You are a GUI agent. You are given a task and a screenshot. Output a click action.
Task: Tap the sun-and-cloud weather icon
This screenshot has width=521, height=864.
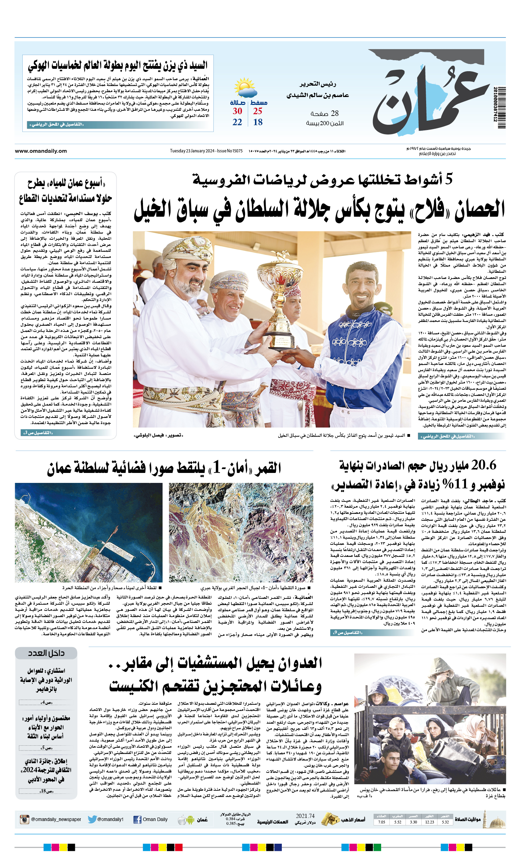(x=245, y=88)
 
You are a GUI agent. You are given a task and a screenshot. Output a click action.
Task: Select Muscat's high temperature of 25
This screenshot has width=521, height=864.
(x=257, y=111)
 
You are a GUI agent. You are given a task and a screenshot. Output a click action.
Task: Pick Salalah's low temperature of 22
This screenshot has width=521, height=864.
(x=237, y=122)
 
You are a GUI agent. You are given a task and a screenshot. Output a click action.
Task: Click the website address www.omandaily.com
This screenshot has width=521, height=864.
(x=41, y=151)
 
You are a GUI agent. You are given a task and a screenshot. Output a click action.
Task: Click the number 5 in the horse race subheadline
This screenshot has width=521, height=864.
(x=448, y=179)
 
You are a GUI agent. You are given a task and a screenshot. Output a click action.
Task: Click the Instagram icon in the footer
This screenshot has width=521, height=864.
(x=24, y=820)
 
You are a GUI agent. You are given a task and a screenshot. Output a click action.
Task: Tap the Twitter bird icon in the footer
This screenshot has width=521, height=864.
(x=92, y=820)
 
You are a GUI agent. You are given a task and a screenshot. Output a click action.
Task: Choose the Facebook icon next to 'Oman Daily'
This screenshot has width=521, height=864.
(x=137, y=820)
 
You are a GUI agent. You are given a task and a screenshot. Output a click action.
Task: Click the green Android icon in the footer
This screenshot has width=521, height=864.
(x=190, y=820)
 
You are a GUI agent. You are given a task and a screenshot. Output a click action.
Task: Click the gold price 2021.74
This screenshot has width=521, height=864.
(x=305, y=816)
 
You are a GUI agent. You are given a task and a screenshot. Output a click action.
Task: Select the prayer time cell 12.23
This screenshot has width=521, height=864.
(x=429, y=822)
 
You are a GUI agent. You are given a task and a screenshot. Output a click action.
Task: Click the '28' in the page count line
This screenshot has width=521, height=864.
(x=335, y=113)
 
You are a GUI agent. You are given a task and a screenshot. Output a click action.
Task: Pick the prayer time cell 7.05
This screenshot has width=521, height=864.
(x=381, y=822)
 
